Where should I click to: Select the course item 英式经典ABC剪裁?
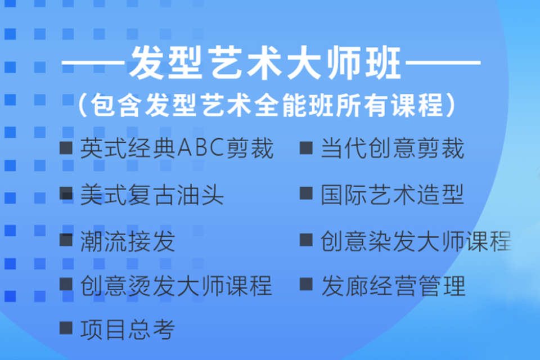click(x=177, y=149)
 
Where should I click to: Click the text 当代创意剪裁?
click(x=392, y=149)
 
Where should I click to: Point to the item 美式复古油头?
click(x=152, y=195)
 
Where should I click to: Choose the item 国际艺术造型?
click(x=392, y=195)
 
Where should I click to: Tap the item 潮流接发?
click(x=128, y=241)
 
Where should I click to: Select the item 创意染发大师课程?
click(x=416, y=241)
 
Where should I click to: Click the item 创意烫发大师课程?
click(x=176, y=286)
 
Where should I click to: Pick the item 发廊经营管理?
click(x=393, y=286)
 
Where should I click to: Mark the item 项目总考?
click(x=128, y=330)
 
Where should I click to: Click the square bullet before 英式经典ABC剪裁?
click(x=66, y=148)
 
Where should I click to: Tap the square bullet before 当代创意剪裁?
click(x=306, y=148)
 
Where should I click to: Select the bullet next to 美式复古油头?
click(x=66, y=194)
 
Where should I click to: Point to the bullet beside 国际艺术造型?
click(x=306, y=194)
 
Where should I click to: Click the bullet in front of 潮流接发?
click(x=66, y=240)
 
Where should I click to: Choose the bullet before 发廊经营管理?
click(x=306, y=285)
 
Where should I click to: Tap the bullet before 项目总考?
click(x=66, y=329)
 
